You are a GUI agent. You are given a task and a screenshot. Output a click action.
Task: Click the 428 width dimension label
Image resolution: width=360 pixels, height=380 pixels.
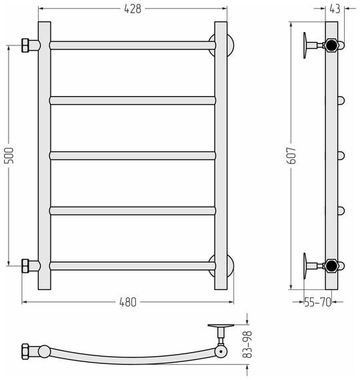(133, 9)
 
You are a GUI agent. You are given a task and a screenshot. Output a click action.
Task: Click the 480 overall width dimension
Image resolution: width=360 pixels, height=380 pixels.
(128, 302)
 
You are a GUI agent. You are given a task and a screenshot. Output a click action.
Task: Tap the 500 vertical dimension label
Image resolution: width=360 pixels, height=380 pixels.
(9, 155)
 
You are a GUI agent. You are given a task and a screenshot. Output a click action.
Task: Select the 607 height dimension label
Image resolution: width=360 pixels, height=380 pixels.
(291, 155)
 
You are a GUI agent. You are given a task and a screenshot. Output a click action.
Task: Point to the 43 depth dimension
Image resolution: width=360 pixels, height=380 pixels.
(335, 9)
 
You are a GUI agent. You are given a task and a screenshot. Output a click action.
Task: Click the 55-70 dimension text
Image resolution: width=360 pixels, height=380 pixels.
(317, 302)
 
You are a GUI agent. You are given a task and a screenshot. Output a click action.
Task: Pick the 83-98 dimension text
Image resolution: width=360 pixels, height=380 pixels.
(247, 345)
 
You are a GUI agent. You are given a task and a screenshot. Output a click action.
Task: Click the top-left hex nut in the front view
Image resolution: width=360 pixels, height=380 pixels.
(25, 45)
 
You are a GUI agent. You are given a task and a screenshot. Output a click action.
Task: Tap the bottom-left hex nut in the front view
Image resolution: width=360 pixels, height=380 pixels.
(25, 266)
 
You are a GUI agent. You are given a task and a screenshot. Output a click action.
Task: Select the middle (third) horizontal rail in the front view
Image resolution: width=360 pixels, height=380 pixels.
(133, 155)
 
